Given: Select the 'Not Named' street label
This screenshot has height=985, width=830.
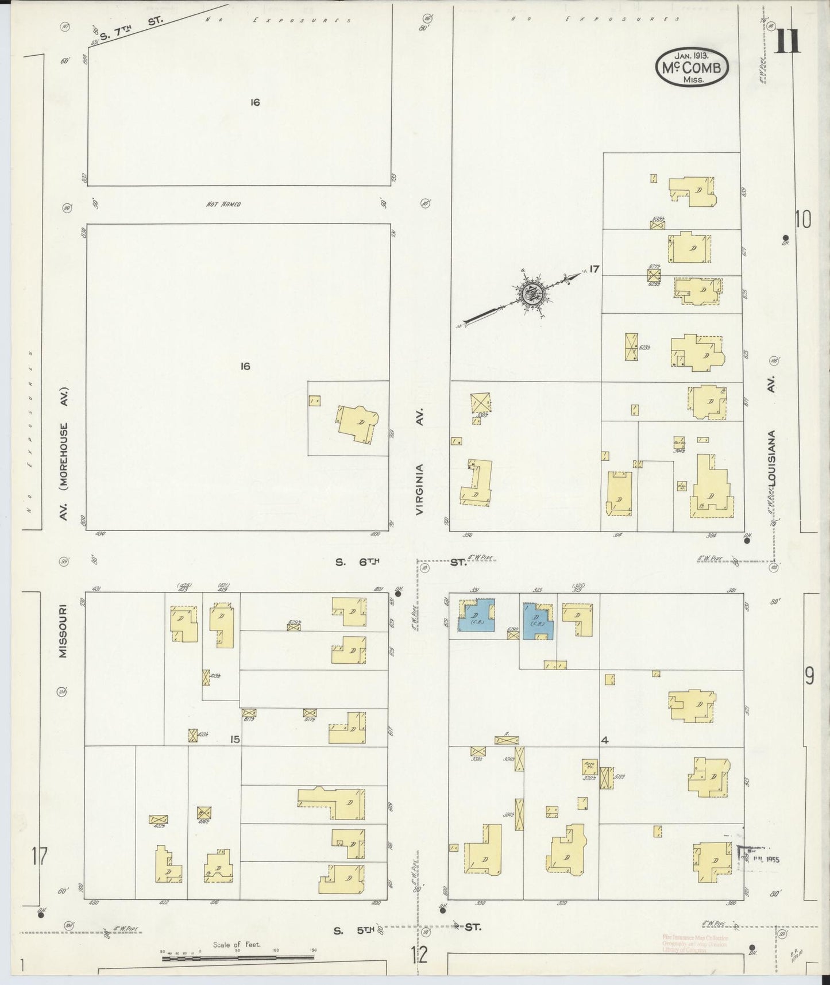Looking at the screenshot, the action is pos(223,204).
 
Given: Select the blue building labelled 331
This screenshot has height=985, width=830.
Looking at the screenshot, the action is pos(476,615).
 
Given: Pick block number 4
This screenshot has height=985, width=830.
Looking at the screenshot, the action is pos(604,740).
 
